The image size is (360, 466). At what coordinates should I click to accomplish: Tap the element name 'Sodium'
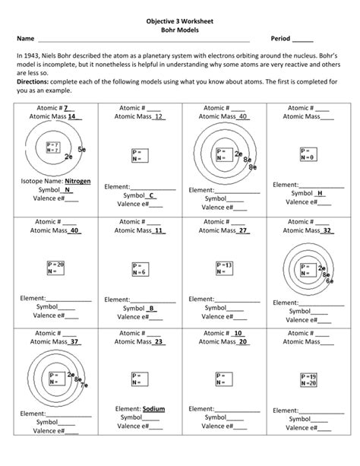click(153, 408)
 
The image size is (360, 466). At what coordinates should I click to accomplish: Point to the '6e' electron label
click(330, 281)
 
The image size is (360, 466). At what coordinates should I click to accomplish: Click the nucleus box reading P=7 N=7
click(52, 147)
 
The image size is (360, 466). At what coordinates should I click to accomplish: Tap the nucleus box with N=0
click(308, 154)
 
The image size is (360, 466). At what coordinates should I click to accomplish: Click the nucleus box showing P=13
click(223, 267)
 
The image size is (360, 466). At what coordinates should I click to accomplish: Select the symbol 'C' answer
click(152, 195)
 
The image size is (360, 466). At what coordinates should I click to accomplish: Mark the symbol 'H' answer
click(321, 193)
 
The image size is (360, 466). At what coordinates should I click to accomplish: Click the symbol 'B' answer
click(152, 308)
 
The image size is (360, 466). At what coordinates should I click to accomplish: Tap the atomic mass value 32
click(327, 230)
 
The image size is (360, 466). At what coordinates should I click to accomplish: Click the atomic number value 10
click(238, 333)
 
